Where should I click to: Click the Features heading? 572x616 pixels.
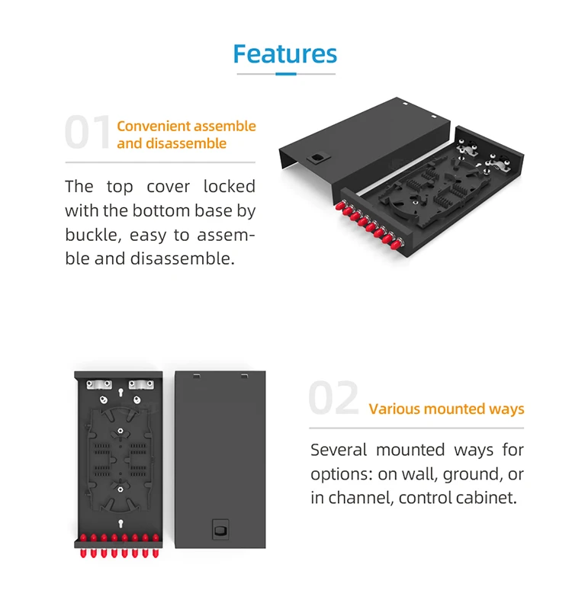[284, 54]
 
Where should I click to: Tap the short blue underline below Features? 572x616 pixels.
[285, 74]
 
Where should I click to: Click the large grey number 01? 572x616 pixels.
[88, 133]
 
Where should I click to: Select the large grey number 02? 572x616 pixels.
[333, 399]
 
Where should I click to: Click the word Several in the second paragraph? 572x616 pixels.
[339, 450]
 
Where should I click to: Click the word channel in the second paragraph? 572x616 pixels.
[359, 499]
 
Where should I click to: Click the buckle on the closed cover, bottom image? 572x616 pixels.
[221, 527]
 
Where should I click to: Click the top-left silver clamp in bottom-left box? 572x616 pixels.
[96, 384]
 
